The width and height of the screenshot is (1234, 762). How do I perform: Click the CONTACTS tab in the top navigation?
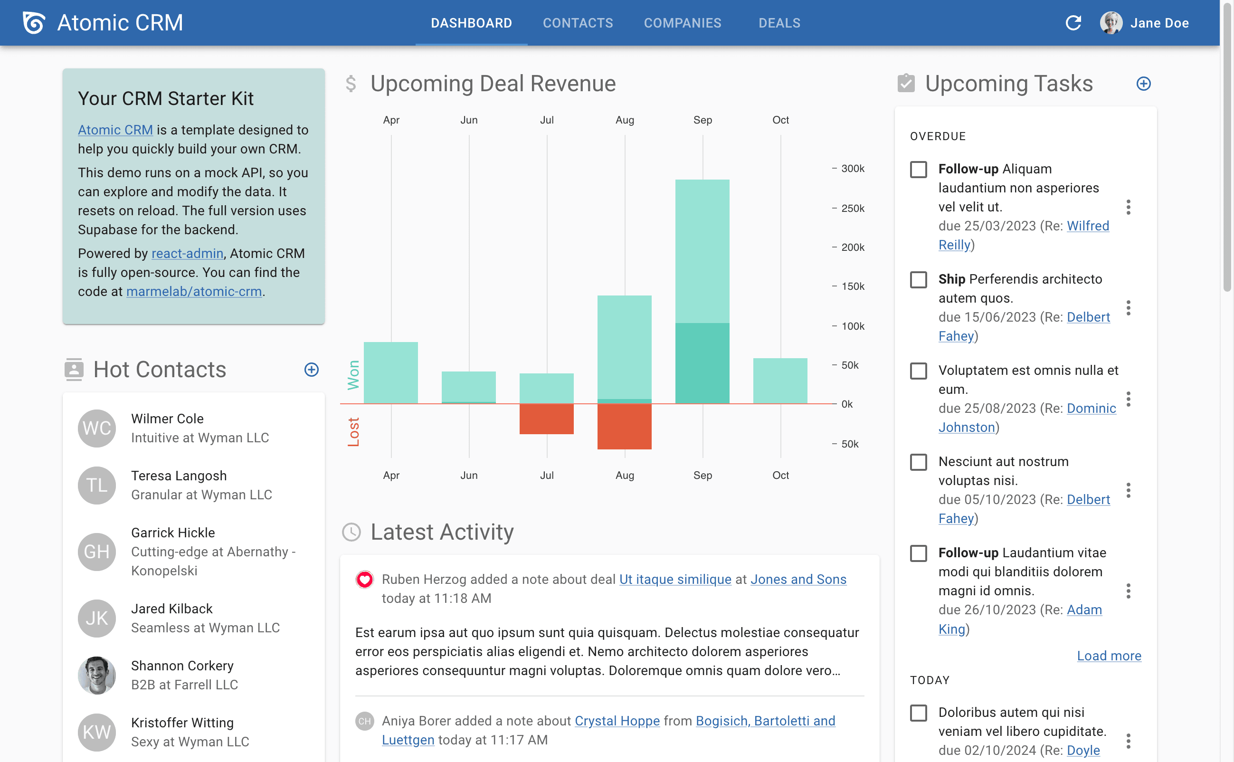pyautogui.click(x=578, y=23)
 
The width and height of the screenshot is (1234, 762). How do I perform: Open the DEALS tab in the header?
pyautogui.click(x=779, y=23)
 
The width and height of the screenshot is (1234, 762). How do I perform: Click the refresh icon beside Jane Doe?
pyautogui.click(x=1073, y=23)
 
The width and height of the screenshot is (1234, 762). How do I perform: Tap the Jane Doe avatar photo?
pyautogui.click(x=1111, y=23)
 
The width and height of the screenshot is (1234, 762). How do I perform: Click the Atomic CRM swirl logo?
pyautogui.click(x=34, y=23)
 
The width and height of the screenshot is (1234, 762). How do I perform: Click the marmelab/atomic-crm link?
pyautogui.click(x=193, y=291)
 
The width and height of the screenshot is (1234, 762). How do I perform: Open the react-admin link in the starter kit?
pyautogui.click(x=187, y=254)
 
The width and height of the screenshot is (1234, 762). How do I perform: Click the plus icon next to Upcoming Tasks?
pyautogui.click(x=1143, y=84)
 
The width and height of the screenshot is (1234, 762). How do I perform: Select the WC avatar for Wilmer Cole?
pyautogui.click(x=97, y=428)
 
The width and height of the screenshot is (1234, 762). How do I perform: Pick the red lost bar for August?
pyautogui.click(x=624, y=426)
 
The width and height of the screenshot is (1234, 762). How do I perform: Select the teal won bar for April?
pyautogui.click(x=390, y=372)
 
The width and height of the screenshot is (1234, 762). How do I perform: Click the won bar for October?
pyautogui.click(x=779, y=381)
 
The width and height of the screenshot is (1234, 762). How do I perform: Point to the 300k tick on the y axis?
pyautogui.click(x=852, y=168)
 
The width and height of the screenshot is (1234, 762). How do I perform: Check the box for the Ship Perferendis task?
pyautogui.click(x=918, y=280)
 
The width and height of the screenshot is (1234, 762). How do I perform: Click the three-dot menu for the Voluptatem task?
pyautogui.click(x=1128, y=399)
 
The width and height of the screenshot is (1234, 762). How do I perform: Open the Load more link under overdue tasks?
pyautogui.click(x=1109, y=656)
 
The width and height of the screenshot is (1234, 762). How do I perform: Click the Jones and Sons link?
pyautogui.click(x=798, y=579)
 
